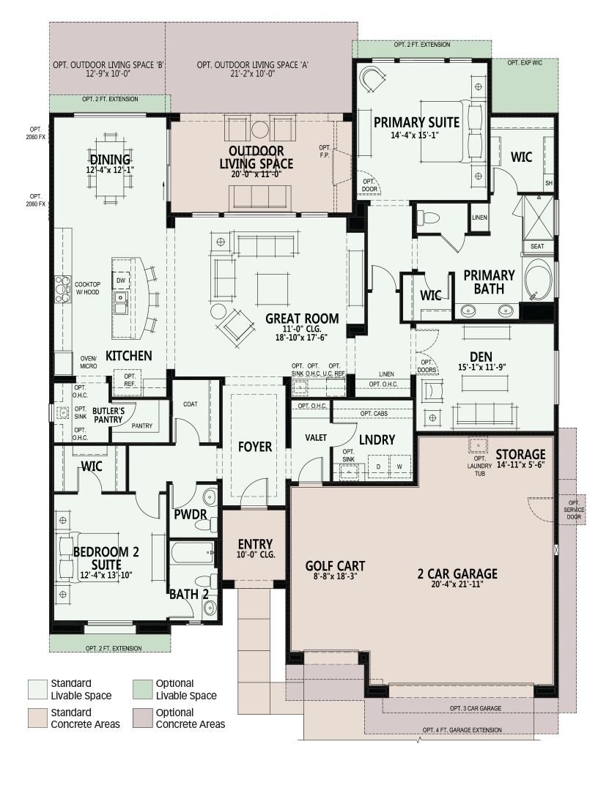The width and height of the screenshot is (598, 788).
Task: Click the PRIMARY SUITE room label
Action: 416,122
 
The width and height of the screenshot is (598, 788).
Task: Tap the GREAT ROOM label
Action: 302,319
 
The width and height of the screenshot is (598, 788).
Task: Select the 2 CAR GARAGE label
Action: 457,573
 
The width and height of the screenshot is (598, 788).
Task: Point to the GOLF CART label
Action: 335,566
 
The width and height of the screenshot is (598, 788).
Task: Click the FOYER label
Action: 255,447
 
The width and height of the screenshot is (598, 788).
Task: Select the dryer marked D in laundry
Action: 378,467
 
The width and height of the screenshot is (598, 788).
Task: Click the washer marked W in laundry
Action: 399,467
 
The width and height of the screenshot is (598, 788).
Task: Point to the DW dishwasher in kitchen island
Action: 121,280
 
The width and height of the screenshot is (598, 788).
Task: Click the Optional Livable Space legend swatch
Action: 143,690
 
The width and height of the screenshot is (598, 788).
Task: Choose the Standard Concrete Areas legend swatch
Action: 37,718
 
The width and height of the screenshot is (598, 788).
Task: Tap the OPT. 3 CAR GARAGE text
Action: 476,708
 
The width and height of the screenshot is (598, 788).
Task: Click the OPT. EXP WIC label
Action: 525,63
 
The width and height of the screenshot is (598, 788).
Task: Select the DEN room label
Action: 481,357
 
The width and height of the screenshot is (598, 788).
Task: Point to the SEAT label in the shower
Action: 537,246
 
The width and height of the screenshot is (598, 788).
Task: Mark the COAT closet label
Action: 190,404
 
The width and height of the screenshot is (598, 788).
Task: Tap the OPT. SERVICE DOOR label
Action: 574,510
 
